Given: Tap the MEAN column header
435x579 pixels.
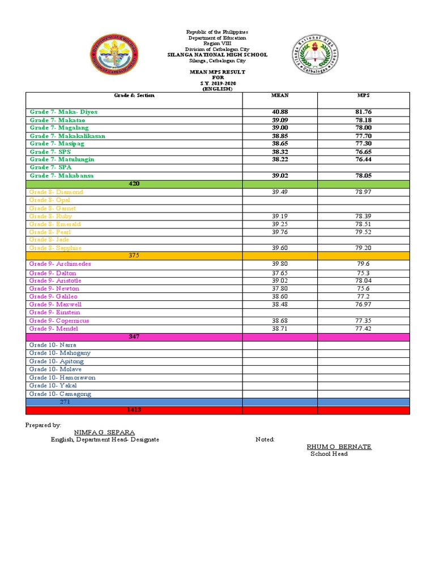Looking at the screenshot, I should coord(280,96).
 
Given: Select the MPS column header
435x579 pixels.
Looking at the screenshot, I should coord(363,96).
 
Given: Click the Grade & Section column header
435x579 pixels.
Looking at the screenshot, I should coord(134,96).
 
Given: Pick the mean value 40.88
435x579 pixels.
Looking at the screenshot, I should coord(280,112).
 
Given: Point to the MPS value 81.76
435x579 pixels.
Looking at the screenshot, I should coord(363,112).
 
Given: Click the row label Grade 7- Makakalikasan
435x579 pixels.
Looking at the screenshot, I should coord(67,136).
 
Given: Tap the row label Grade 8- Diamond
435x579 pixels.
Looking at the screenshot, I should coord(56,192).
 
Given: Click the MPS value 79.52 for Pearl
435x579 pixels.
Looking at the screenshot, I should coord(363,232).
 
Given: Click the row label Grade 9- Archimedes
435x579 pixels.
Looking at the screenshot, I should coord(60,264).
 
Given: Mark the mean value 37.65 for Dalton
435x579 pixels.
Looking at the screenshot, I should coord(280,273).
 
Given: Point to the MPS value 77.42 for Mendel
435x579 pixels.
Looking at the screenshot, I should coord(363,329).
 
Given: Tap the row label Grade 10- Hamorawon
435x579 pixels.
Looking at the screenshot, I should coord(62,377).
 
